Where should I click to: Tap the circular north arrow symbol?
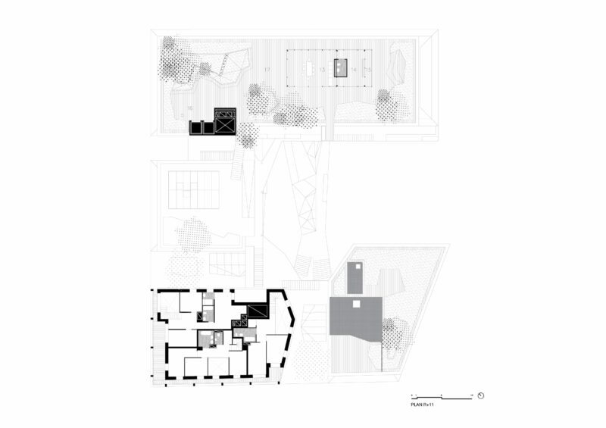(x=481, y=395)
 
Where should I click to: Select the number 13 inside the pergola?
(x=323, y=70)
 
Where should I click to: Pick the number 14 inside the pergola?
(x=355, y=70)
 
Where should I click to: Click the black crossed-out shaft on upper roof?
(x=225, y=122)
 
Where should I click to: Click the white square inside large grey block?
(x=356, y=302)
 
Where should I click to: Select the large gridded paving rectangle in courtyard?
(x=193, y=189)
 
